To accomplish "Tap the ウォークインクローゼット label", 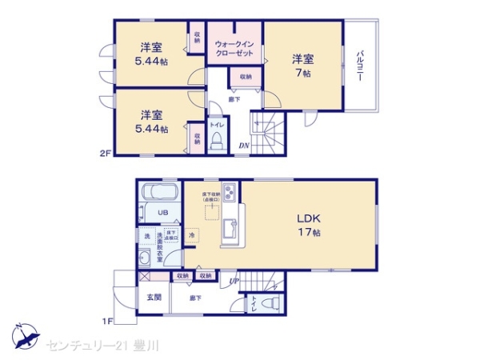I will (234, 48).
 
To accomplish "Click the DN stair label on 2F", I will (244, 146).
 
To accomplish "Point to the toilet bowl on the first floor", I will (270, 303).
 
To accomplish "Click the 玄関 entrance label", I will (154, 297).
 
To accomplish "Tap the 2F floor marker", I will (105, 153).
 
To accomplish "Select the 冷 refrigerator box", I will (192, 236).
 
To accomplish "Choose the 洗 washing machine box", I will (146, 236).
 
